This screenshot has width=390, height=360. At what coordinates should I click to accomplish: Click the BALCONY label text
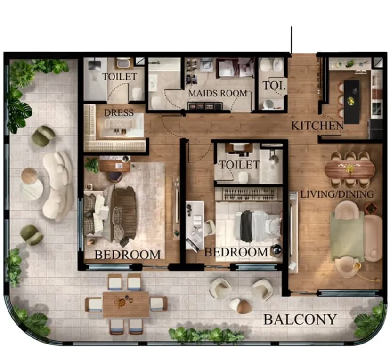coord(300,320)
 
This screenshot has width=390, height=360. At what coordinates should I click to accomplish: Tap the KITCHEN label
coord(317,126)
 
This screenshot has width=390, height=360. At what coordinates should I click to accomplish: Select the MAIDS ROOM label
coord(217,93)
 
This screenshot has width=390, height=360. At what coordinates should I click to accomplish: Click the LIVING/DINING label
coord(337,194)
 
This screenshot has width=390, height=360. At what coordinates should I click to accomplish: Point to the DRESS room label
coord(119,113)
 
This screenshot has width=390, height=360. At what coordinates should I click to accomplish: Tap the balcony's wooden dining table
coord(126,304)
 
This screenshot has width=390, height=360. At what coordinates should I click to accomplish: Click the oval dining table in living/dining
coord(349,168)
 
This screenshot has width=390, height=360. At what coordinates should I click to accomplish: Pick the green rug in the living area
coord(347,236)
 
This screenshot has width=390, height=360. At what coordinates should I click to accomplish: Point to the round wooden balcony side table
coord(29,176)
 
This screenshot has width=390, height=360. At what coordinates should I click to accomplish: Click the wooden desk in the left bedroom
coord(114,166)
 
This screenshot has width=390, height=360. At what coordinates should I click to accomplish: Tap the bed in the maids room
coord(234,68)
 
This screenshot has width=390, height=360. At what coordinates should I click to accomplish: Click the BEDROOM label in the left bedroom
coord(127,255)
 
